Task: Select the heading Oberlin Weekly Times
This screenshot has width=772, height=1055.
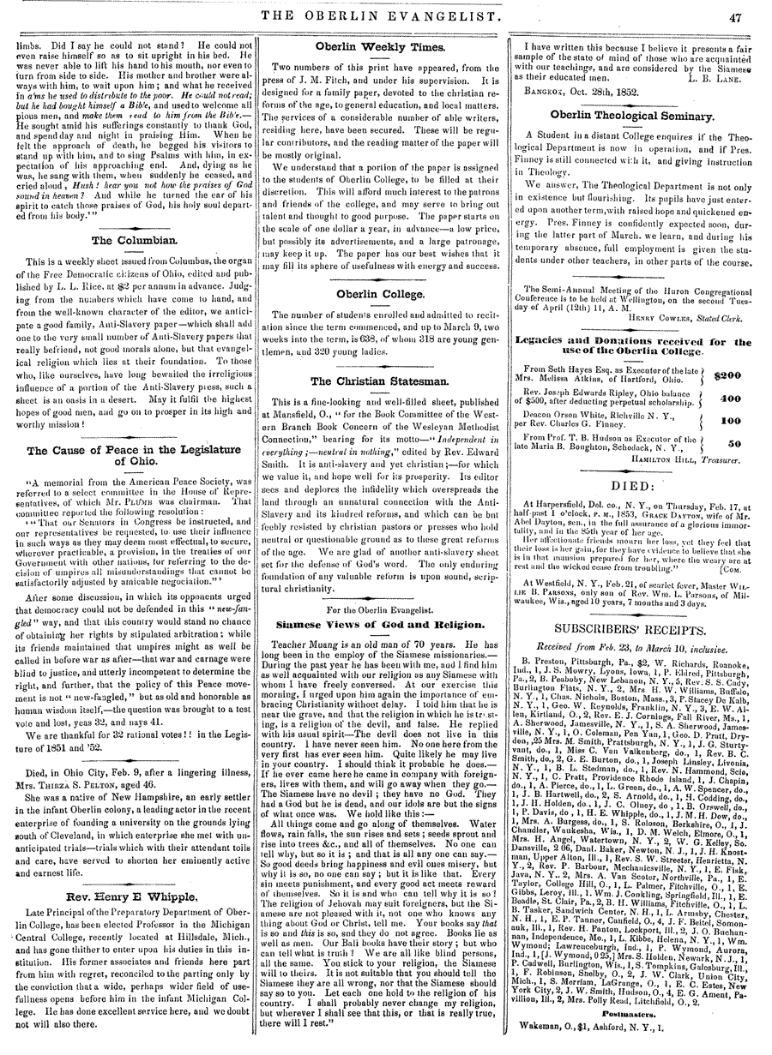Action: [x=385, y=45]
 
